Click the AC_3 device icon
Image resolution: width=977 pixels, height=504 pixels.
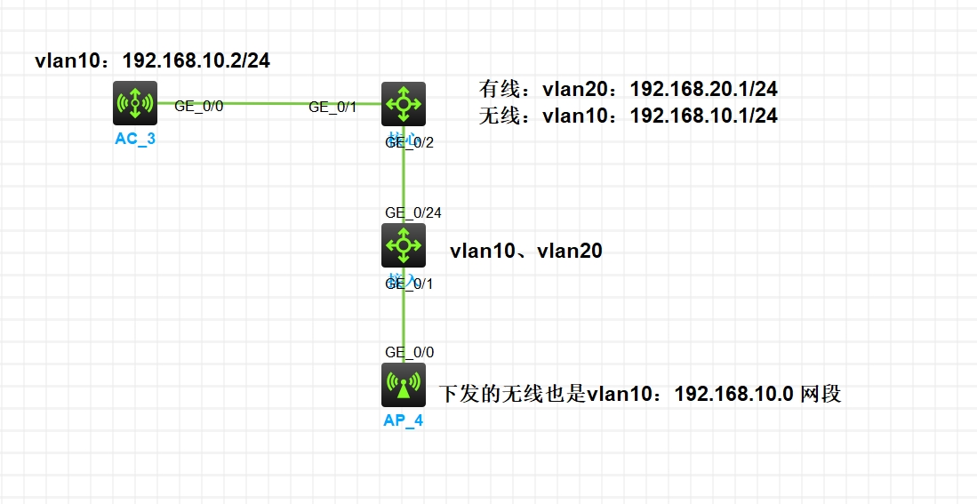(135, 103)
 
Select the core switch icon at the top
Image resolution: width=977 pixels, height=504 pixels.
(404, 104)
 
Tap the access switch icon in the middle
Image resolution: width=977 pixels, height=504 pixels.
(404, 244)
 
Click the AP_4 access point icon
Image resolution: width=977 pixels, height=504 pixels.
(404, 385)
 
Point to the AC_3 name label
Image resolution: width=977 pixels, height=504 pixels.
(135, 139)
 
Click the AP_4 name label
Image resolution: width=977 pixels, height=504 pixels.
(404, 420)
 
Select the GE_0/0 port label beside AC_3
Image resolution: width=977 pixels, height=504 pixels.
(198, 106)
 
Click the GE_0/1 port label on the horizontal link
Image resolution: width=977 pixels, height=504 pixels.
(332, 108)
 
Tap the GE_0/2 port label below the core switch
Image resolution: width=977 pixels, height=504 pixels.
(410, 143)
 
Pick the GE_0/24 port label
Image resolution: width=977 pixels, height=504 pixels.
(413, 212)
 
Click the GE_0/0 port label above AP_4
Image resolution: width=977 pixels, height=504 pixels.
(410, 352)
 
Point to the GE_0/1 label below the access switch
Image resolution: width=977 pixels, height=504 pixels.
(410, 284)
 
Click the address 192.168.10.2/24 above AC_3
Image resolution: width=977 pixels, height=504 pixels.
(196, 61)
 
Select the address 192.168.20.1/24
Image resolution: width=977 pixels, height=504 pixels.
(704, 89)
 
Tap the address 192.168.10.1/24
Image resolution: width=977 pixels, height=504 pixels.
(704, 116)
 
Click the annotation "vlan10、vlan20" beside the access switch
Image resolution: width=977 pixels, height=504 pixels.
(526, 252)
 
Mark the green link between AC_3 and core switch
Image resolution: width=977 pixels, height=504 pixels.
(267, 103)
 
